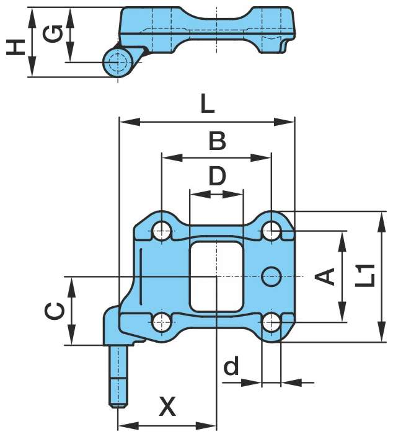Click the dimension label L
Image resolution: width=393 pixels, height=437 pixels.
click(x=207, y=104)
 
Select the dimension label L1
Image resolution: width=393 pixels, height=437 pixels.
click(x=368, y=275)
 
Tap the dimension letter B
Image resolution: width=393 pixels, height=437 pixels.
click(x=216, y=141)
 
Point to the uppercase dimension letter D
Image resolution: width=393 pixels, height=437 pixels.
click(x=216, y=177)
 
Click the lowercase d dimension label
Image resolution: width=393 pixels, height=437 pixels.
click(x=231, y=367)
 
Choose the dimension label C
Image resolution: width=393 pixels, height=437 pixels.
click(x=54, y=311)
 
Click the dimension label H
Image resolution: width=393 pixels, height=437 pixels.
click(x=16, y=46)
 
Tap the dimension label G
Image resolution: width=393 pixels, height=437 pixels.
click(x=55, y=34)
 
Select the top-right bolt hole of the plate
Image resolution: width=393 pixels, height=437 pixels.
click(x=271, y=231)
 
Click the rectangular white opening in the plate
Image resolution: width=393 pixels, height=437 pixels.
click(x=215, y=276)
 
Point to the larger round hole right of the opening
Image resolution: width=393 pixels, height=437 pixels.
click(x=272, y=276)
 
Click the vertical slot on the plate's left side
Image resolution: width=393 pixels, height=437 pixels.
click(x=141, y=273)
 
